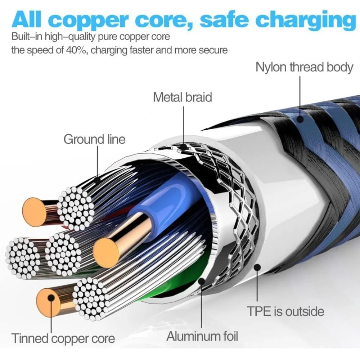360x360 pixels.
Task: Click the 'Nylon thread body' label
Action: click(x=304, y=68)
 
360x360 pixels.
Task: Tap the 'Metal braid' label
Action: click(x=182, y=97)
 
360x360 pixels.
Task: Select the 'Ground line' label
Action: click(x=94, y=139)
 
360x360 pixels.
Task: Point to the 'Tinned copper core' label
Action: click(x=63, y=338)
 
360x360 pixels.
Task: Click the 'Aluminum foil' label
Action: click(x=202, y=336)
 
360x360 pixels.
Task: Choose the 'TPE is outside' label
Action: click(x=285, y=311)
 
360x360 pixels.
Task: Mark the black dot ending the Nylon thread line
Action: click(x=300, y=119)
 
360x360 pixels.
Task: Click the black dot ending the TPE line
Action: click(x=257, y=267)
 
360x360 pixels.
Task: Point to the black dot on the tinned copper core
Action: click(x=51, y=298)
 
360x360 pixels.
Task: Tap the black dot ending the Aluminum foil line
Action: click(x=202, y=281)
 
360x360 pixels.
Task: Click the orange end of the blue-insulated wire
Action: click(x=106, y=253)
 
